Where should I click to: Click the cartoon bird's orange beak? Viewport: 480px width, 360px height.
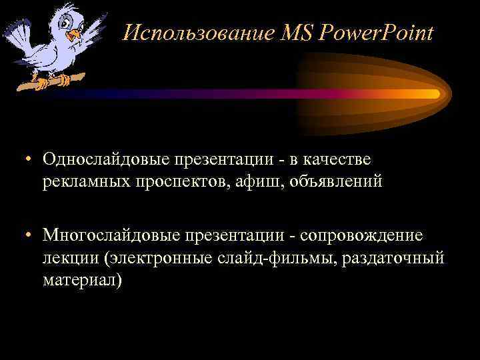click(75, 33)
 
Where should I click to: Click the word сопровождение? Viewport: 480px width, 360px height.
click(361, 235)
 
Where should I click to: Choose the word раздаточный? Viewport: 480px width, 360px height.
click(393, 258)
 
